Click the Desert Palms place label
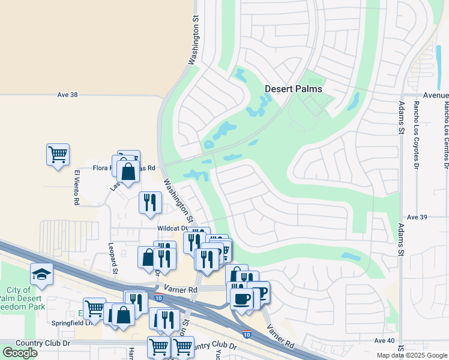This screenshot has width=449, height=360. tap(294, 89)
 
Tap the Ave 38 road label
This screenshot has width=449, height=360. tap(68, 95)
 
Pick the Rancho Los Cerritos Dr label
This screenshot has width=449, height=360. tap(446, 134)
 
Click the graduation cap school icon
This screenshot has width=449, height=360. tap(41, 274)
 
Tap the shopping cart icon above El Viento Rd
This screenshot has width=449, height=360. tap(58, 154)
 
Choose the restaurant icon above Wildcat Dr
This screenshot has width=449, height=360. tap(149, 202)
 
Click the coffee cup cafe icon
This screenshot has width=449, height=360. tap(241, 298)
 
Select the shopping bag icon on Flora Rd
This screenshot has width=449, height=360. tap(128, 172)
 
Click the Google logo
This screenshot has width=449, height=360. tap(19, 353)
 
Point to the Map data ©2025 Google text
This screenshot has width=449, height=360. tap(411, 355)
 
